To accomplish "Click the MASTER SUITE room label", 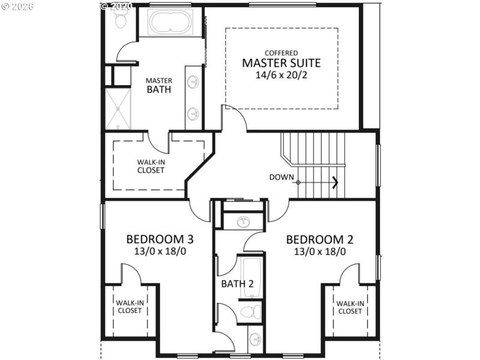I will pos(281,63).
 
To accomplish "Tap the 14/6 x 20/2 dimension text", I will pos(281,76).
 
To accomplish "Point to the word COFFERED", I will pos(281,53).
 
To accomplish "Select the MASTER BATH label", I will pos(159,85).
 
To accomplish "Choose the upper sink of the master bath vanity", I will pos(194,82).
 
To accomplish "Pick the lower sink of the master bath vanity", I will pos(194,113).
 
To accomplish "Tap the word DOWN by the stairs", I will pos(281,177).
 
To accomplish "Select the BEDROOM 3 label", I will pos(160,239).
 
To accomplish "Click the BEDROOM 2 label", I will pos(319,239).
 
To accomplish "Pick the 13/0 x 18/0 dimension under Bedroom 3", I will pos(160,251).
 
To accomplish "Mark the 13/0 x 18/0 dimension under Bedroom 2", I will pos(319,251).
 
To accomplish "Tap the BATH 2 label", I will pos(236,283).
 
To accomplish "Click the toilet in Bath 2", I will pos(250,311).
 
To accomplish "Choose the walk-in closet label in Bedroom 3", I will pos(129,307).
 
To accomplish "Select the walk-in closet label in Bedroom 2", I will pos(350,307).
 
